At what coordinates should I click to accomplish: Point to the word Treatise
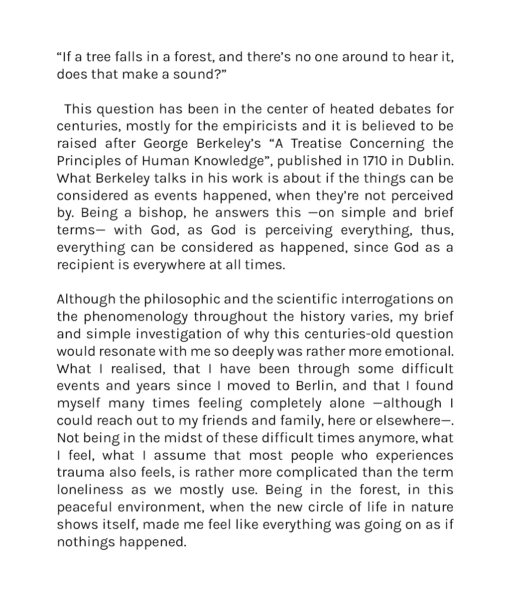316,144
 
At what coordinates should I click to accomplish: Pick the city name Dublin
430,161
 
